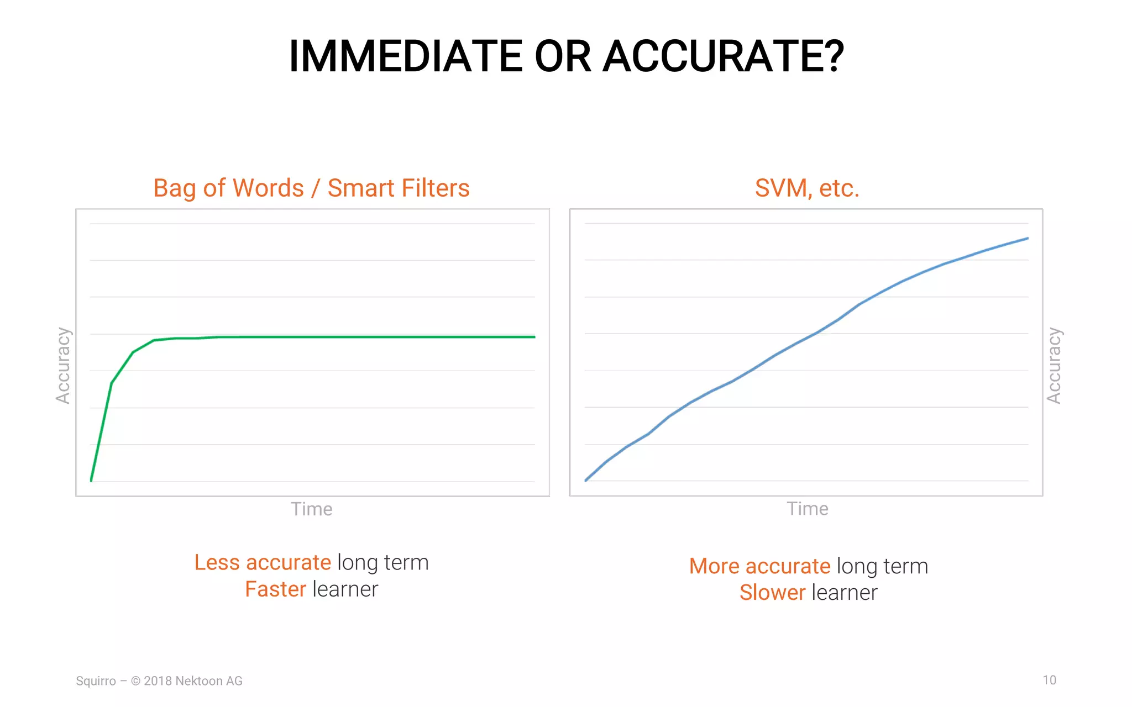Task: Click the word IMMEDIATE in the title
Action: [406, 56]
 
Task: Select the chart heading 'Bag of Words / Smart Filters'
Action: [311, 188]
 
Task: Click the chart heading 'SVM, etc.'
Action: [807, 188]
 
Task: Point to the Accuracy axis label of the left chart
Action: [63, 366]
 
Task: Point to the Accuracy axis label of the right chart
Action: [1054, 366]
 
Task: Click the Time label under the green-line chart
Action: [312, 509]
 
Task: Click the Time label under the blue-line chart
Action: [808, 509]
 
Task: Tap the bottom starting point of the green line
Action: [91, 481]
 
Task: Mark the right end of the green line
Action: [534, 337]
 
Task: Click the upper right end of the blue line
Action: [1027, 239]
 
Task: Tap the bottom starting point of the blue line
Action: [586, 481]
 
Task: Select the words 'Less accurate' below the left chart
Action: [263, 563]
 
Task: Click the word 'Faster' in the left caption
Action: [275, 589]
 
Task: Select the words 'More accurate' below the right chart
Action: [759, 567]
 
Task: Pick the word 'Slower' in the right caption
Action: [772, 593]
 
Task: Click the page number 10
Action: [1049, 680]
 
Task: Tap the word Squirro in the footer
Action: [96, 681]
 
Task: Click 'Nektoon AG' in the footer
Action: [208, 681]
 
